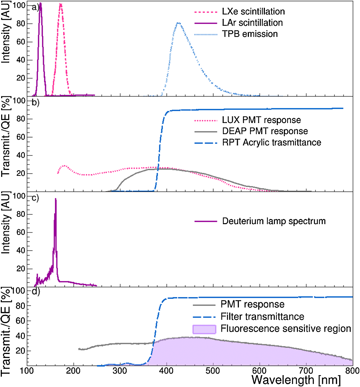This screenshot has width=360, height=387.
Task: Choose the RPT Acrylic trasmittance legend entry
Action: click(272, 142)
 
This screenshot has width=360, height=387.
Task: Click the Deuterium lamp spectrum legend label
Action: click(274, 221)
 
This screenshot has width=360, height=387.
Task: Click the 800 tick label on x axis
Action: click(352, 371)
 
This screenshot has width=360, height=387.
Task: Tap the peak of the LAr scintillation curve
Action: click(40, 4)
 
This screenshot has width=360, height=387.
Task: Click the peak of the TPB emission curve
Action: click(179, 23)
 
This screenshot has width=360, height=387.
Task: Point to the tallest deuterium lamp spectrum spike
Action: click(56, 199)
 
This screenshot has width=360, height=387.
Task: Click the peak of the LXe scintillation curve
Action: click(61, 4)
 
